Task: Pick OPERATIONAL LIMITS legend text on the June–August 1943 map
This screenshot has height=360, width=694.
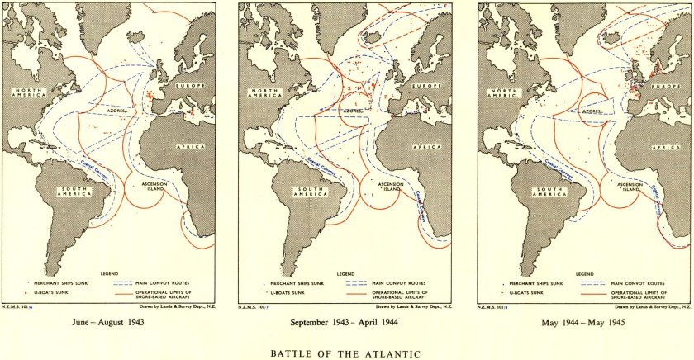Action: (164, 293)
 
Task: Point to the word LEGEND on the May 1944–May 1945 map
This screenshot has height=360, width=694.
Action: (585, 272)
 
